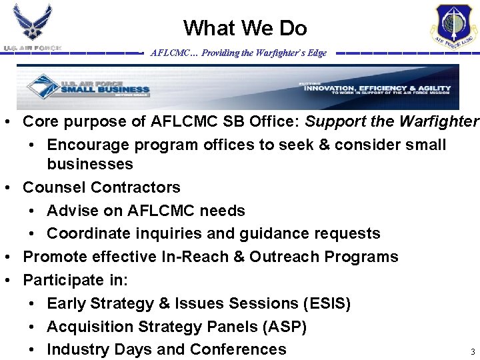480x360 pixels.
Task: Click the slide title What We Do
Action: [245, 28]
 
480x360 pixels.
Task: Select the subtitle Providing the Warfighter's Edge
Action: [238, 53]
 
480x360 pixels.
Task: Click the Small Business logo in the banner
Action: [87, 87]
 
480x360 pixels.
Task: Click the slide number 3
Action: [473, 351]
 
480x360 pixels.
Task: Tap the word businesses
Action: [90, 164]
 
